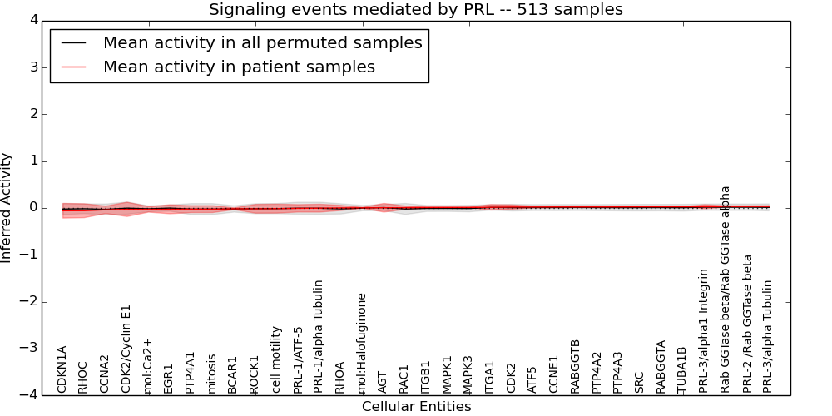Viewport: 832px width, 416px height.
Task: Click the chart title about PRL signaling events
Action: click(x=415, y=9)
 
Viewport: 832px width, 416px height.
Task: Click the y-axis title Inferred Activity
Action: click(x=7, y=207)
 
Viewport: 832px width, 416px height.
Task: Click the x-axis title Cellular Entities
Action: click(x=416, y=407)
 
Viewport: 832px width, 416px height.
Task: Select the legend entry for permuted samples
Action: click(x=262, y=43)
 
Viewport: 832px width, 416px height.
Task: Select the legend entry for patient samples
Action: click(x=239, y=67)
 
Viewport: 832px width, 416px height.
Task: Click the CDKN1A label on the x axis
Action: click(x=62, y=369)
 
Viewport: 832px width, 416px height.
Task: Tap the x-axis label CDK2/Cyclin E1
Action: click(x=126, y=348)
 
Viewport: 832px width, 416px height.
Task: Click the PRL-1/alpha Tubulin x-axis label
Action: click(x=319, y=336)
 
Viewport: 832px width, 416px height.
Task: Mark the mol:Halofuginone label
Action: click(x=362, y=342)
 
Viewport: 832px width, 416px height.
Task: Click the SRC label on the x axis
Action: click(x=639, y=382)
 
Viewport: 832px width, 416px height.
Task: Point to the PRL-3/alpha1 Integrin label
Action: click(x=704, y=330)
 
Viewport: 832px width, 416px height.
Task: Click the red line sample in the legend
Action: click(x=73, y=67)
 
